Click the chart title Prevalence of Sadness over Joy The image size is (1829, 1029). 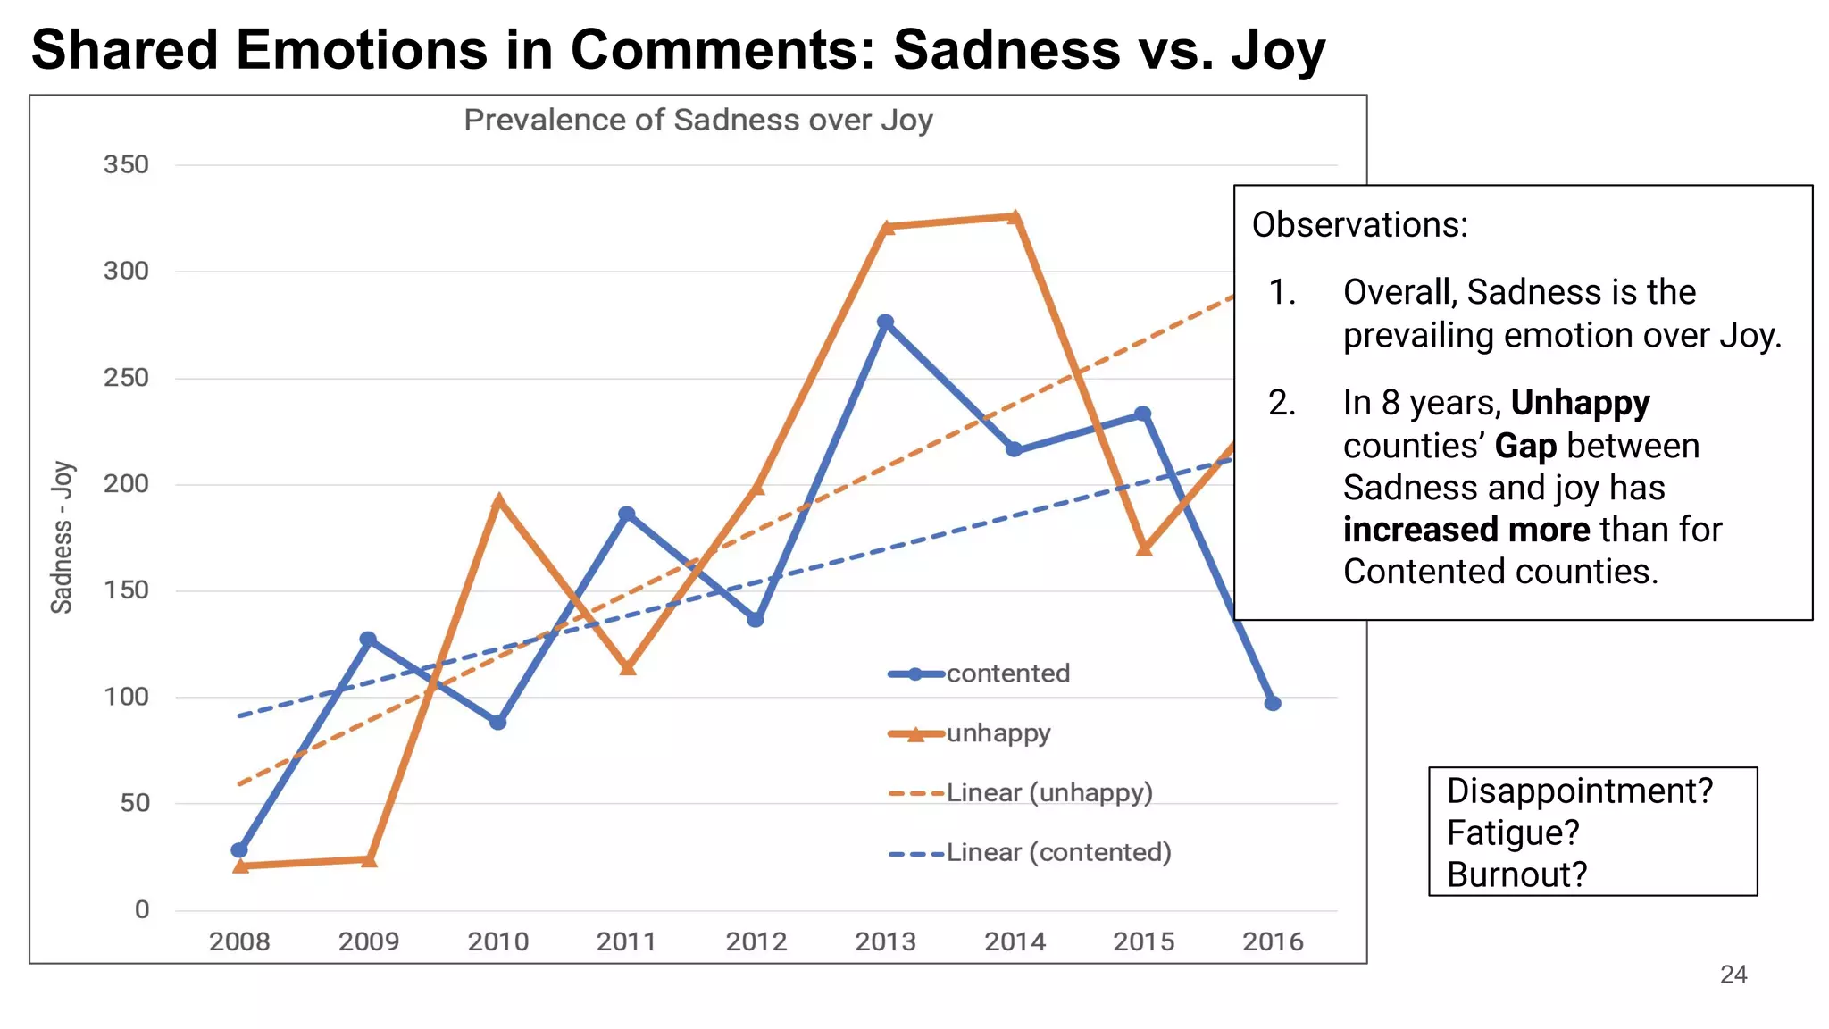pyautogui.click(x=697, y=120)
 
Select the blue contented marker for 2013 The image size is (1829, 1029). pyautogui.click(x=885, y=322)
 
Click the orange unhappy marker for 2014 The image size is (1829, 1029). pyautogui.click(x=1015, y=217)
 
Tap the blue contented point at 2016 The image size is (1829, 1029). pyautogui.click(x=1273, y=704)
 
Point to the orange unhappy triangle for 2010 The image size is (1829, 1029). pyautogui.click(x=498, y=502)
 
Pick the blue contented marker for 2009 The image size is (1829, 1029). pyautogui.click(x=368, y=640)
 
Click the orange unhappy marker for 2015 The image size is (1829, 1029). pyautogui.click(x=1144, y=548)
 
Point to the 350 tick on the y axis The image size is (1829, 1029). pyautogui.click(x=126, y=165)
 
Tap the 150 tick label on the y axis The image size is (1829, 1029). pyautogui.click(x=126, y=590)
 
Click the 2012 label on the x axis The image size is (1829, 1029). pyautogui.click(x=756, y=941)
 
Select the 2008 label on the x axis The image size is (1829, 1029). pyautogui.click(x=239, y=941)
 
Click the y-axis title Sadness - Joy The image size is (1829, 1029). pyautogui.click(x=62, y=537)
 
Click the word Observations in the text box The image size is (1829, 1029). pyautogui.click(x=1358, y=225)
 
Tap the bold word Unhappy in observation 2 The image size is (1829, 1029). pyautogui.click(x=1580, y=403)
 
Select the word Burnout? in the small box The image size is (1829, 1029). pyautogui.click(x=1516, y=874)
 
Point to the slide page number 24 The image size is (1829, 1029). pyautogui.click(x=1733, y=975)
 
